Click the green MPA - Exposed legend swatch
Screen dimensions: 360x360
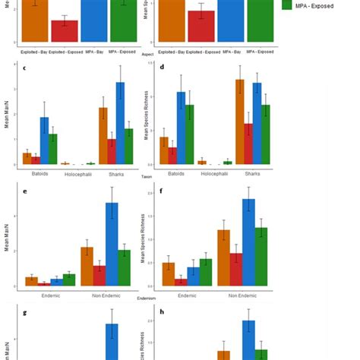coord(289,5)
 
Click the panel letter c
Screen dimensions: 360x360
coord(24,69)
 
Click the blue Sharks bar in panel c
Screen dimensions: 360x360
coord(120,124)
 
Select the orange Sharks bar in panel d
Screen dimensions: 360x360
coord(239,122)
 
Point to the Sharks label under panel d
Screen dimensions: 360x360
coord(253,173)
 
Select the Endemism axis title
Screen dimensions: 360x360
coord(147,298)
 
